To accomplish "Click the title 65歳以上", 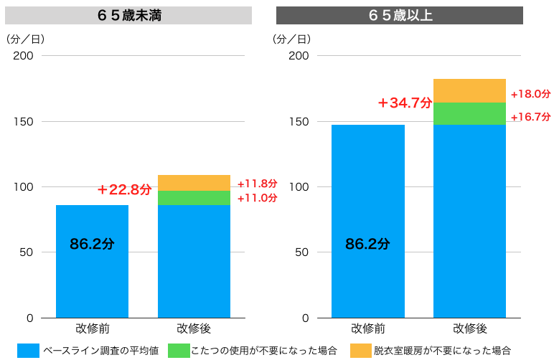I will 400,15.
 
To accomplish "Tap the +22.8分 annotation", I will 125,190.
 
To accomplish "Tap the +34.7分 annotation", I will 405,103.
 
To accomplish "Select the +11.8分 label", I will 257,184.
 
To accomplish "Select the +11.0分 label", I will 257,198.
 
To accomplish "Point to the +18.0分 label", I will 530,94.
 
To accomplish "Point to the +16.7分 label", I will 530,116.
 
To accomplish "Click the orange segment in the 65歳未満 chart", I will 194,183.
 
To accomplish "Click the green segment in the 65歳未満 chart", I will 194,198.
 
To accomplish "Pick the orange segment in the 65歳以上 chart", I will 469,91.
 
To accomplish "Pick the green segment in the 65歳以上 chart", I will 469,114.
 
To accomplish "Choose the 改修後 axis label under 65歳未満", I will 194,328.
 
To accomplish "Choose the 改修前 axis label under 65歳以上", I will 367,328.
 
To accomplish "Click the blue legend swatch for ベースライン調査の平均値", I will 28,351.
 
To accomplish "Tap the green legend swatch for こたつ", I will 179,351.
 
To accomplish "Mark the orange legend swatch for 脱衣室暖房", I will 361,351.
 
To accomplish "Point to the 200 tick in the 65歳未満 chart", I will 23,56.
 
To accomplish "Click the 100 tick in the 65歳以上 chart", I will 299,187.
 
